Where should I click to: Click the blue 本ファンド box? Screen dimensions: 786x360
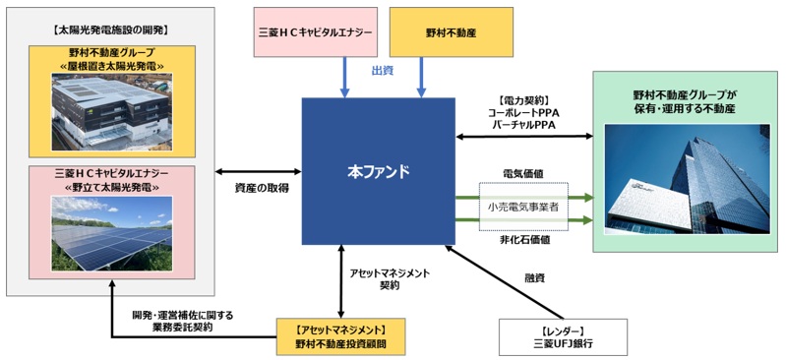click(379, 171)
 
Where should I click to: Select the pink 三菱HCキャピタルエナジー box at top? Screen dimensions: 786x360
click(316, 32)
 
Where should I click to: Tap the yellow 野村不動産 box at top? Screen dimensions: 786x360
click(452, 32)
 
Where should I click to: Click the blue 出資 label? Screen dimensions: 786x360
click(382, 71)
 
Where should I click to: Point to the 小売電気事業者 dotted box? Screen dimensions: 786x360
click(523, 207)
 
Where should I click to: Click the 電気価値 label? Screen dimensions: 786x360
click(523, 173)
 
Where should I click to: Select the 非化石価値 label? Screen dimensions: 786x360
click(523, 240)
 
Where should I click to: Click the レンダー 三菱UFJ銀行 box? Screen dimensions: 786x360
click(563, 337)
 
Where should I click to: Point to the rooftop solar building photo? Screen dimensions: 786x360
click(112, 111)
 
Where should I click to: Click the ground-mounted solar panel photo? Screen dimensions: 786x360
click(112, 234)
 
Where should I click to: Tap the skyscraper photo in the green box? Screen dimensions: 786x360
click(687, 179)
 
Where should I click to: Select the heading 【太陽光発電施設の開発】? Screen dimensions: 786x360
click(110, 30)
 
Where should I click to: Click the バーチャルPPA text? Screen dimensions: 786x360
click(524, 125)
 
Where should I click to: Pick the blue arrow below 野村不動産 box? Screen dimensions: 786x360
click(421, 78)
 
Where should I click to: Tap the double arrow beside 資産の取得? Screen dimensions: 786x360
click(258, 171)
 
